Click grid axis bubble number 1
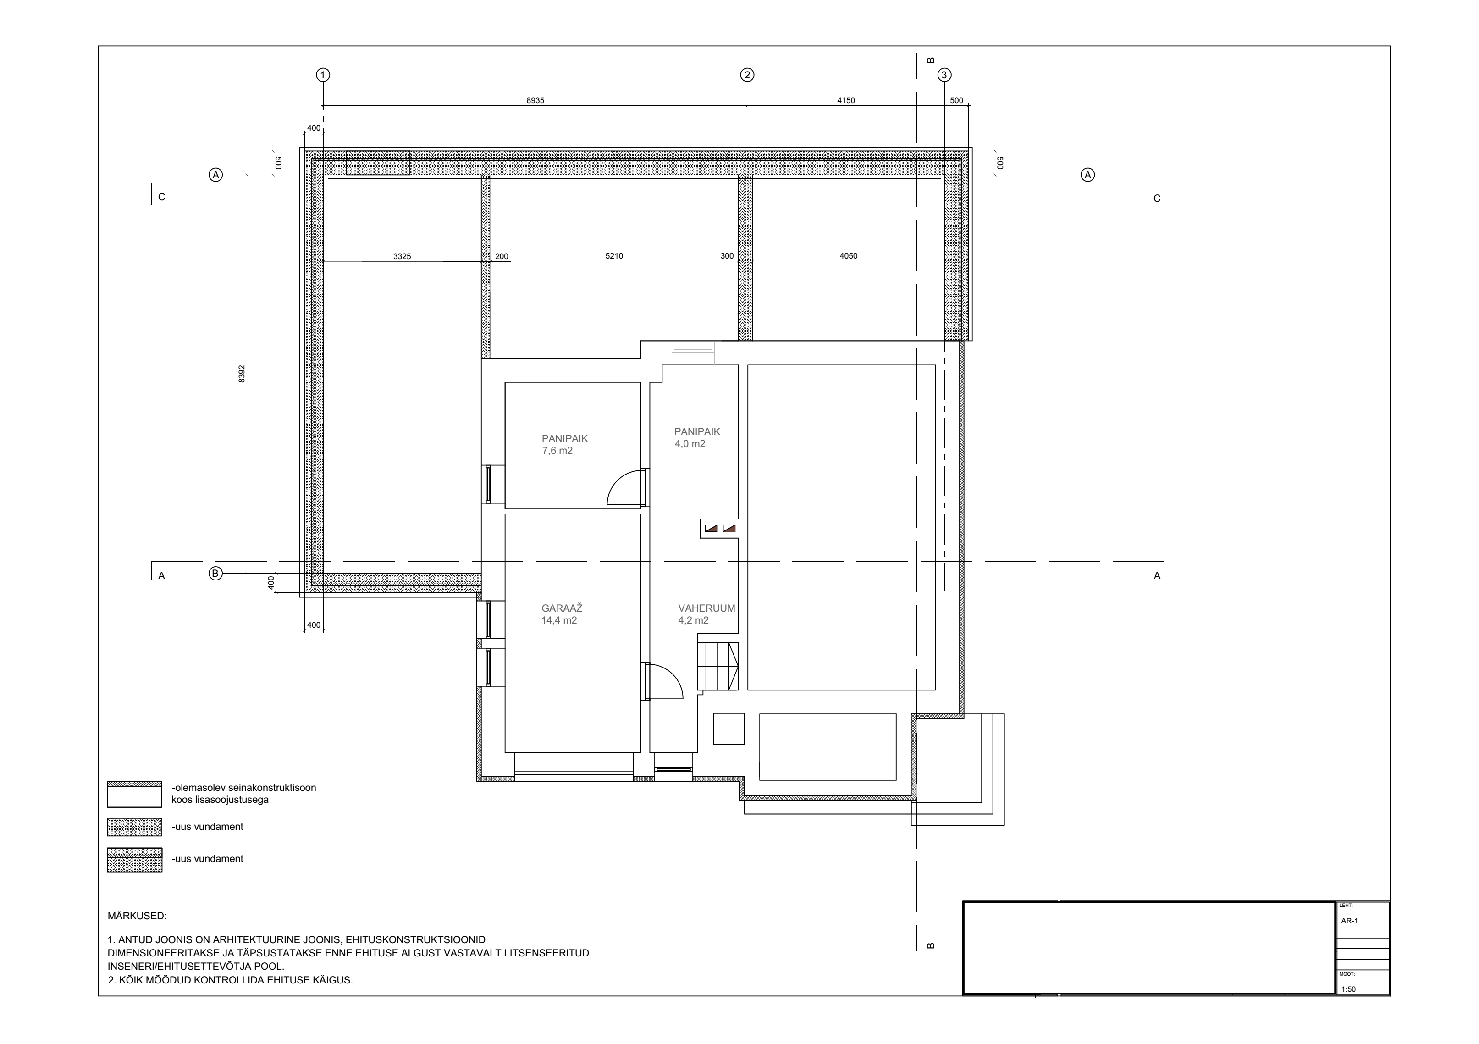click(323, 75)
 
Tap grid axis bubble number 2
click(747, 75)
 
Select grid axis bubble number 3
click(944, 75)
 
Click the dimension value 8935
click(535, 100)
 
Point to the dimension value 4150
click(846, 100)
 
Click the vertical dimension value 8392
click(242, 374)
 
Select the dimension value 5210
click(614, 256)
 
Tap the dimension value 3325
click(402, 256)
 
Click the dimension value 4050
click(848, 256)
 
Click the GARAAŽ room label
click(562, 608)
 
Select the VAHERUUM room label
click(706, 608)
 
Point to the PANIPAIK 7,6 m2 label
click(565, 444)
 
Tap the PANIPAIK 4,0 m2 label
click(697, 438)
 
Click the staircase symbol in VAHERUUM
click(717, 667)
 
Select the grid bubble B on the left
click(216, 573)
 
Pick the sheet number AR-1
click(1350, 921)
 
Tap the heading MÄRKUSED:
click(137, 916)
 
